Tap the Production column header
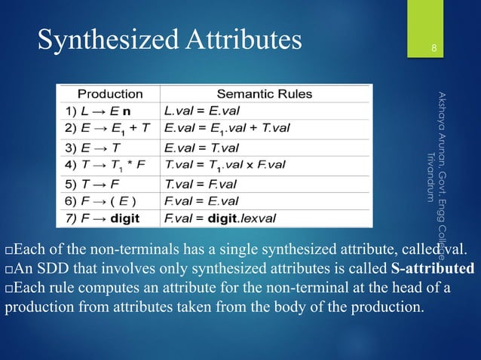point(112,94)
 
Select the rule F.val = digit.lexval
point(219,218)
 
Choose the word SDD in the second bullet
point(48,269)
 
